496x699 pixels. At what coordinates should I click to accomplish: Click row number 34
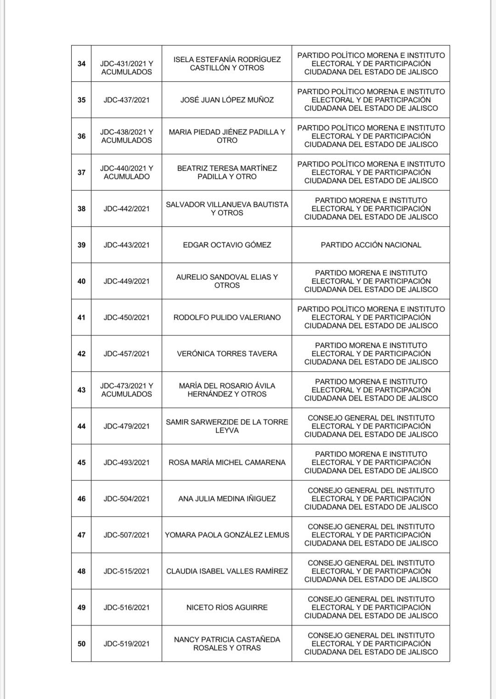(81, 63)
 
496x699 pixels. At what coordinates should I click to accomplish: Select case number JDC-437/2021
(126, 100)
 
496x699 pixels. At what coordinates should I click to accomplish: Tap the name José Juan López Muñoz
(227, 100)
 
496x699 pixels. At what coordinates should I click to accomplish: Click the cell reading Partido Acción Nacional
(371, 245)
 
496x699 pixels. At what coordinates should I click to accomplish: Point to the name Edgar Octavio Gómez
(227, 245)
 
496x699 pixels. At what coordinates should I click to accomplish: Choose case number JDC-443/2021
(126, 245)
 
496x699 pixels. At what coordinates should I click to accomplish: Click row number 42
(81, 353)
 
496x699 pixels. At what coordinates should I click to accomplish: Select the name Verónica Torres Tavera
(227, 353)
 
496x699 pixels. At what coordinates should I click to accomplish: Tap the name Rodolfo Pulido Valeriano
(227, 317)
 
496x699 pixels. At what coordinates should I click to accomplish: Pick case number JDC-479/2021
(126, 426)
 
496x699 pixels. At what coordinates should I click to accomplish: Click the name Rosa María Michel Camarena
(227, 462)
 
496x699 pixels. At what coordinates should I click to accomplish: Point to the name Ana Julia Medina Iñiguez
(227, 498)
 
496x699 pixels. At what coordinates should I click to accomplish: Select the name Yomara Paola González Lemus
(227, 535)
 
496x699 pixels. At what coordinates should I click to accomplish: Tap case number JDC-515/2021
(126, 571)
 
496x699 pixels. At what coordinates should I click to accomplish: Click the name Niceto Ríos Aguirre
(227, 607)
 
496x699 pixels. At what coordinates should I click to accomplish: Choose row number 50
(81, 643)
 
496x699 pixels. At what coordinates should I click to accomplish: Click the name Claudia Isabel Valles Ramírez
(227, 571)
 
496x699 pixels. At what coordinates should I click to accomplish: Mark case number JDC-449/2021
(126, 281)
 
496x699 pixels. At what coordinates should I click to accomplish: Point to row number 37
(81, 172)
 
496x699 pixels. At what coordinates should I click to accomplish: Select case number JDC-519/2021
(126, 643)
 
